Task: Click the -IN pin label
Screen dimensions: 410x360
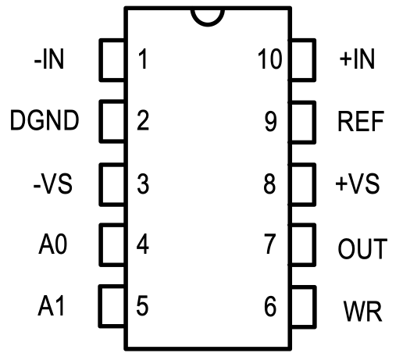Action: point(49,59)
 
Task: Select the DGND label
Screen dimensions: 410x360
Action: point(45,120)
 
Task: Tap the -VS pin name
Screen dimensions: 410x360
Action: point(53,184)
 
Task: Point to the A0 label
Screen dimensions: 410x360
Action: point(53,244)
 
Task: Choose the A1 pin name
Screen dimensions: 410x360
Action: point(51,305)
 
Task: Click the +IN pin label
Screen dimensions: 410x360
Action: point(357,59)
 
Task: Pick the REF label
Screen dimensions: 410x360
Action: point(361,121)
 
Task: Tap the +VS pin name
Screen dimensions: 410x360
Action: point(358,184)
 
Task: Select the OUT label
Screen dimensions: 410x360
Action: point(362,248)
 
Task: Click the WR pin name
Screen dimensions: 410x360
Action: point(362,311)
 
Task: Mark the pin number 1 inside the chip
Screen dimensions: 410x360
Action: point(143,59)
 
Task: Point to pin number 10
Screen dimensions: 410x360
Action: point(270,59)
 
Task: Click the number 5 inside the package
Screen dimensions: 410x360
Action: point(142,305)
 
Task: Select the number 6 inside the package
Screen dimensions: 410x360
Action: point(270,306)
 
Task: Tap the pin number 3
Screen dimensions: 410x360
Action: point(143,184)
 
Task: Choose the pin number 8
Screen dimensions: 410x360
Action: point(269,184)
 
